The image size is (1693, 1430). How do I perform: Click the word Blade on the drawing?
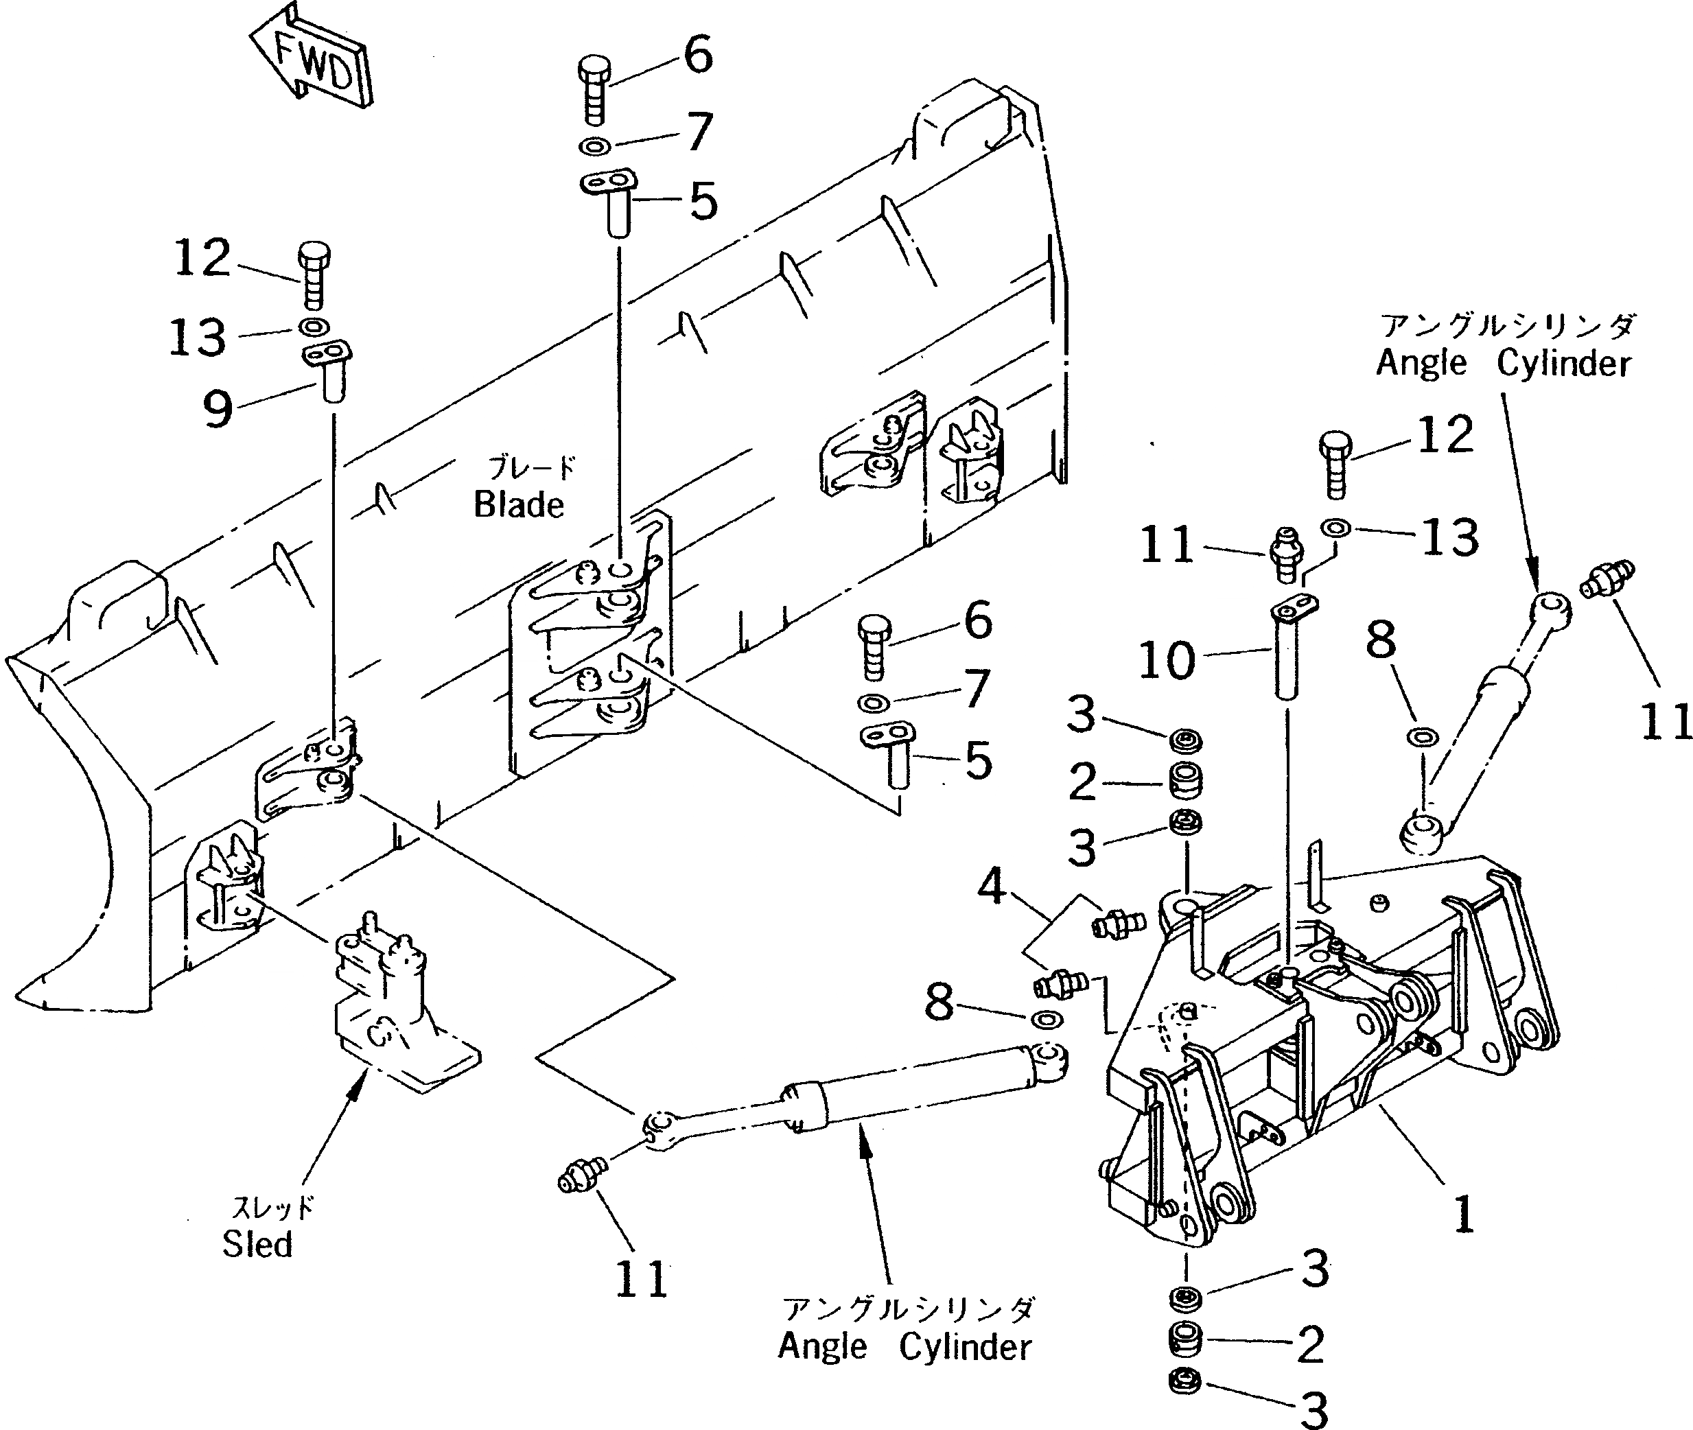pos(519,505)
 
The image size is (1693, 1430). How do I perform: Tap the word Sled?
pos(257,1244)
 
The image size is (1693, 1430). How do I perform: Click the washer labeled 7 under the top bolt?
pos(596,148)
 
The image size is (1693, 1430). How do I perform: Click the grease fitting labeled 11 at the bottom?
pos(576,1176)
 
